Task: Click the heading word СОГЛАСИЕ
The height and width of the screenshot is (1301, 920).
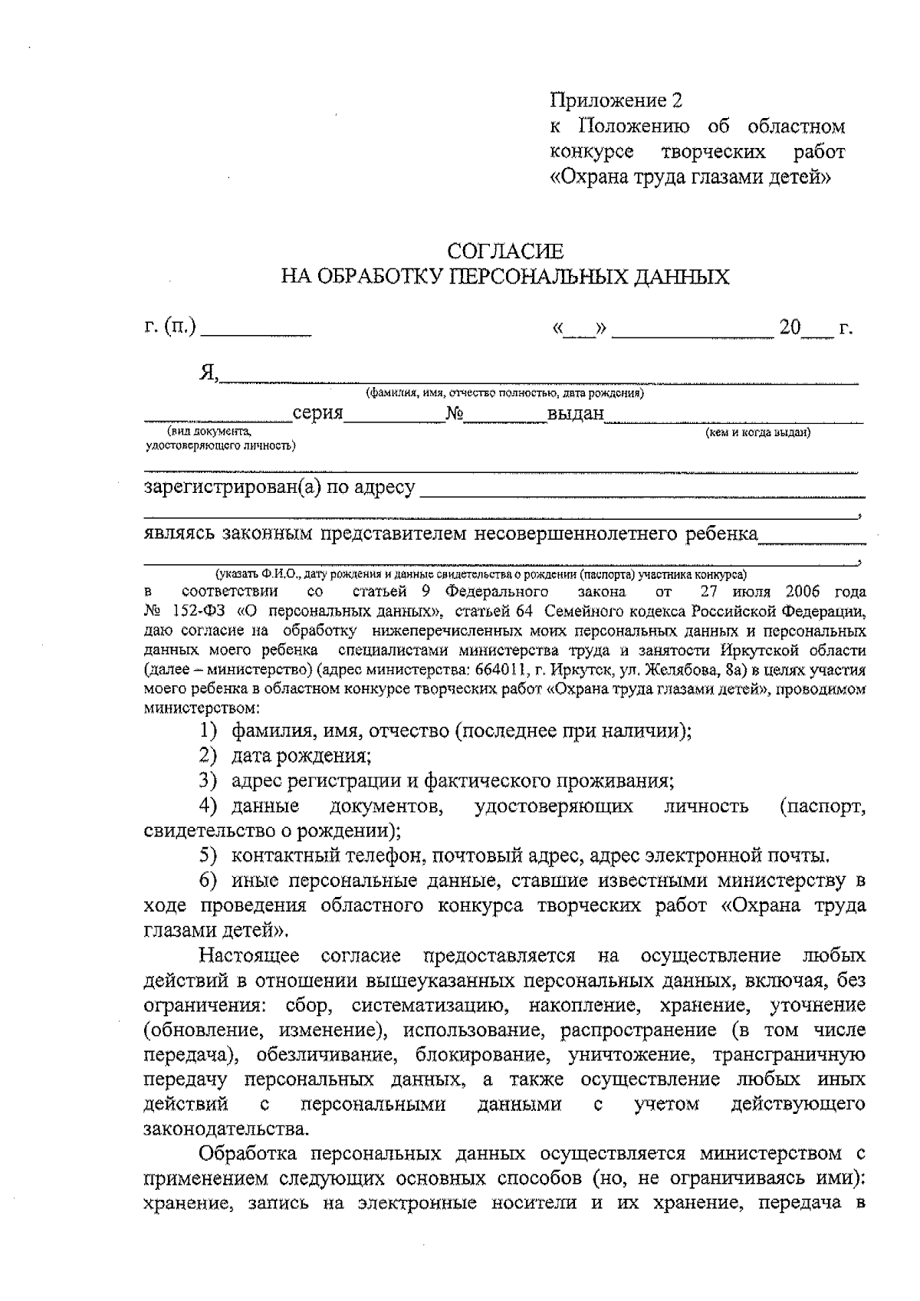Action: [505, 251]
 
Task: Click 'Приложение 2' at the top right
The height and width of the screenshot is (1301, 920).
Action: [616, 100]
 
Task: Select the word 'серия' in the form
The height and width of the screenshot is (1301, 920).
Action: [317, 414]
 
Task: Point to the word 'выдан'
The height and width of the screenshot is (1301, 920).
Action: [576, 415]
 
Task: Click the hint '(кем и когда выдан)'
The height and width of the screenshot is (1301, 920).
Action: [757, 432]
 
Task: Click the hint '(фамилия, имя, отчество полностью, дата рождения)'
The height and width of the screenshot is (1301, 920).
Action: [504, 394]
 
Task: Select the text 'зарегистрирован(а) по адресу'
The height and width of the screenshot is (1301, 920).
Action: [280, 488]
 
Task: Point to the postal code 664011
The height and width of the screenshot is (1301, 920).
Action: [501, 671]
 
